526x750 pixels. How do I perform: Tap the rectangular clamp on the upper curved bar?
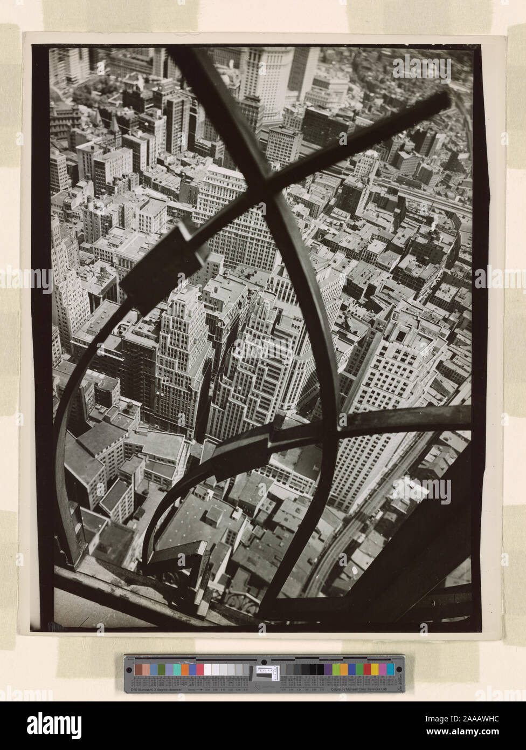(164, 268)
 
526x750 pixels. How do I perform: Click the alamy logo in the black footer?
(54, 725)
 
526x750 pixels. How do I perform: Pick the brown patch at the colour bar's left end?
(139, 669)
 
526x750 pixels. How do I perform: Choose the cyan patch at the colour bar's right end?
(390, 669)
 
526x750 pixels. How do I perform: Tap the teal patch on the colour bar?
(177, 669)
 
